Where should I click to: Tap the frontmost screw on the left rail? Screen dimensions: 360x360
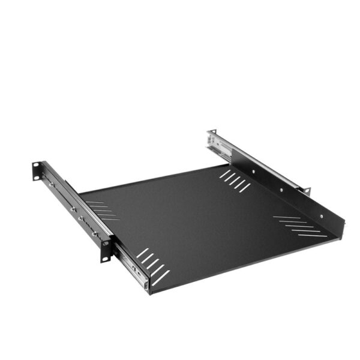coord(94,233)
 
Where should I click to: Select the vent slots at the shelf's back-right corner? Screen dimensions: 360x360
coord(235,181)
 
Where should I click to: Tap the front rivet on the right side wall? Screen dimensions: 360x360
coord(320,214)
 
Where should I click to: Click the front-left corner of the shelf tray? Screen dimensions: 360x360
coord(150,292)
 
